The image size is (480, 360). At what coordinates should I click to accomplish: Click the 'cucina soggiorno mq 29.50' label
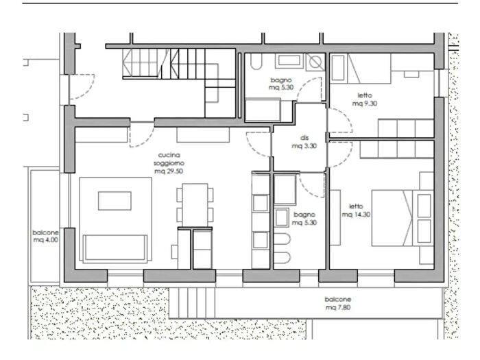[169, 163]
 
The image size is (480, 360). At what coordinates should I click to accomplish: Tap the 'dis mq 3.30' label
[304, 142]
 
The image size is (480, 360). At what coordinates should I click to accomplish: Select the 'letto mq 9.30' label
[365, 99]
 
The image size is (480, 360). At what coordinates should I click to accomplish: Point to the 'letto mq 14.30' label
[356, 211]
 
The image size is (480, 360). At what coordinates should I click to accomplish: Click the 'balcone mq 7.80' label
[338, 303]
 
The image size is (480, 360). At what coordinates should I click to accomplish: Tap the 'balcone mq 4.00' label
[46, 236]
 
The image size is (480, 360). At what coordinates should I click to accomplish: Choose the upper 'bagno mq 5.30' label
[281, 84]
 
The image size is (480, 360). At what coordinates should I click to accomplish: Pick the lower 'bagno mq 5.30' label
[304, 219]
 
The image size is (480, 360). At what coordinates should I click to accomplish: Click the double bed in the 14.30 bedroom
[403, 217]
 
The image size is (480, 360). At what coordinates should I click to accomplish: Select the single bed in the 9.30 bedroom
[360, 69]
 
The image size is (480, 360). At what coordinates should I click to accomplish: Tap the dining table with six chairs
[195, 205]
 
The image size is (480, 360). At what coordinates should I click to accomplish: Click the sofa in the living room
[115, 248]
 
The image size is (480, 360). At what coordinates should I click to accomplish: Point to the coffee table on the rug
[115, 201]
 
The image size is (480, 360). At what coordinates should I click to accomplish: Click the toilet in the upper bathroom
[256, 61]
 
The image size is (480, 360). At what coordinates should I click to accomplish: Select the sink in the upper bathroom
[289, 61]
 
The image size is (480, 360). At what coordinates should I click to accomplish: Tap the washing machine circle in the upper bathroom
[315, 62]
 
